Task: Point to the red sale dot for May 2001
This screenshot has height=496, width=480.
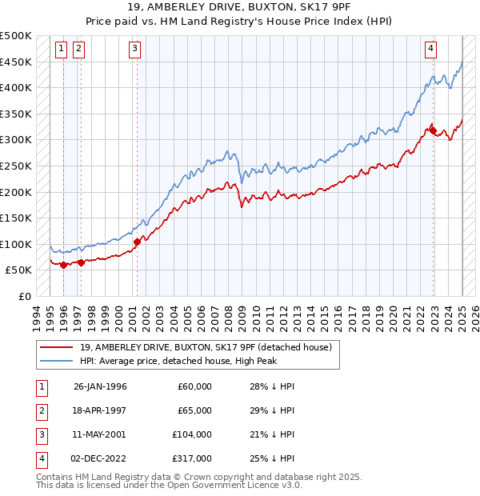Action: [137, 242]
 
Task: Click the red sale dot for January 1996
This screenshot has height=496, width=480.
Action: [63, 265]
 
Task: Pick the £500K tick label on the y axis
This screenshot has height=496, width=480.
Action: [16, 36]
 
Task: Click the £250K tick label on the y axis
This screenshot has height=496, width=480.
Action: [16, 166]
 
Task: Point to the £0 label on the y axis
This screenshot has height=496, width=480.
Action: [25, 296]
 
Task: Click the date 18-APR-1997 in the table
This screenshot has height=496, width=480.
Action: [100, 410]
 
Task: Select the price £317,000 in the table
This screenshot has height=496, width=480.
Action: [194, 458]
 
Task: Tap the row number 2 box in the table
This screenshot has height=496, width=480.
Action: [39, 410]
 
